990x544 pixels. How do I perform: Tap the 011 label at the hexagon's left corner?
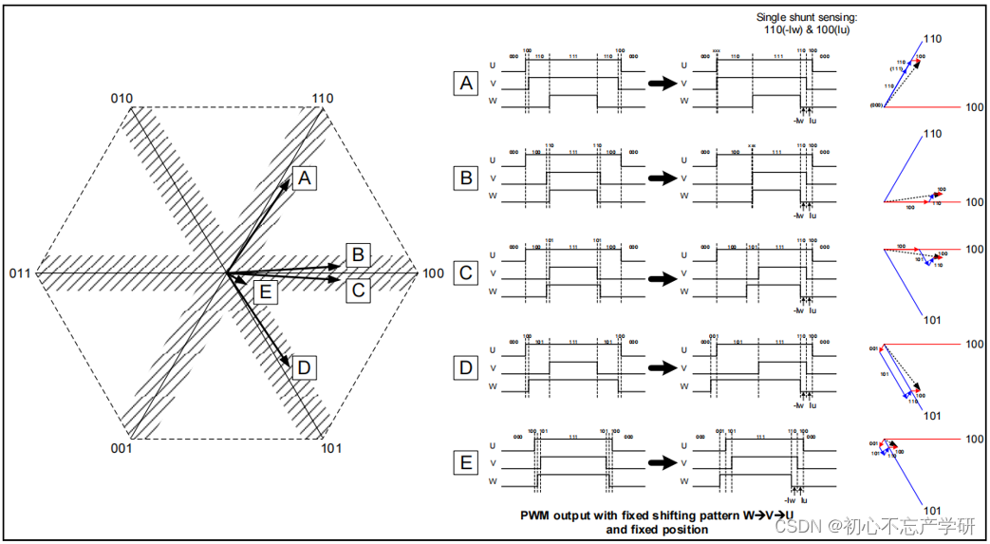pyautogui.click(x=20, y=274)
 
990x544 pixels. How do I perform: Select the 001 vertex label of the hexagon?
pyautogui.click(x=120, y=448)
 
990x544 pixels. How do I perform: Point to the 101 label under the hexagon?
pyautogui.click(x=331, y=448)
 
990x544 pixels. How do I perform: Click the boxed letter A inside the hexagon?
pyautogui.click(x=304, y=178)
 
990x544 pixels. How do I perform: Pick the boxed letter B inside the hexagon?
pyautogui.click(x=357, y=254)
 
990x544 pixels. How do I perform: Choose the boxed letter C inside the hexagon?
pyautogui.click(x=357, y=290)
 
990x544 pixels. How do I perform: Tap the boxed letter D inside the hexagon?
pyautogui.click(x=304, y=368)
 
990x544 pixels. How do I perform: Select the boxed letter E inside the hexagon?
pyautogui.click(x=265, y=291)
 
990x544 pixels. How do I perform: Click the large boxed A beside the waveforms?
pyautogui.click(x=465, y=84)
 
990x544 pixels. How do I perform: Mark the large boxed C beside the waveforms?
pyautogui.click(x=465, y=273)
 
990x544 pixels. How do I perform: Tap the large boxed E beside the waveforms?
pyautogui.click(x=465, y=462)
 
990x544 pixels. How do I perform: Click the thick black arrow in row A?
pyautogui.click(x=660, y=84)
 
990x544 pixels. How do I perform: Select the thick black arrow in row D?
pyautogui.click(x=660, y=367)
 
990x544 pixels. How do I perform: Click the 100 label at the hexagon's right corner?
pyautogui.click(x=433, y=274)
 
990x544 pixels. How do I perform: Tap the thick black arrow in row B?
pyautogui.click(x=660, y=178)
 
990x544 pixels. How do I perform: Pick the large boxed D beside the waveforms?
pyautogui.click(x=465, y=368)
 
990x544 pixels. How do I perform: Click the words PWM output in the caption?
pyautogui.click(x=555, y=516)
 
